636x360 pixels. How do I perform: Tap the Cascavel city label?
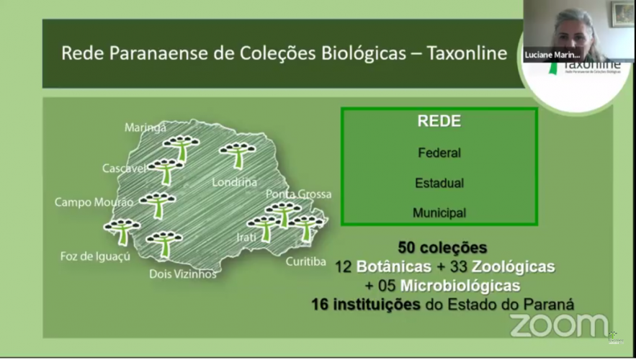(x=125, y=168)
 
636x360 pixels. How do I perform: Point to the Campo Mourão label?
(x=94, y=202)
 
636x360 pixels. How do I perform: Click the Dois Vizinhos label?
(x=182, y=274)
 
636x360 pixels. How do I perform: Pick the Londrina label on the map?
(x=234, y=182)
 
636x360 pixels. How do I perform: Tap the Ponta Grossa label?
(x=298, y=194)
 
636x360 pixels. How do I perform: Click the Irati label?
(x=246, y=237)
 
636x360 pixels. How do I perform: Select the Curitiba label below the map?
(x=306, y=261)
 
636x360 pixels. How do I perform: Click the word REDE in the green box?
(x=439, y=122)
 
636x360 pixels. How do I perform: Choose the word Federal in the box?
(x=439, y=153)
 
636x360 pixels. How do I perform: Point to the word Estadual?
(x=439, y=183)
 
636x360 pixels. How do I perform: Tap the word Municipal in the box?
(x=439, y=213)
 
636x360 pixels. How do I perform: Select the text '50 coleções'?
(x=442, y=248)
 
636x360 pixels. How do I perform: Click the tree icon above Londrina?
(x=238, y=153)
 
